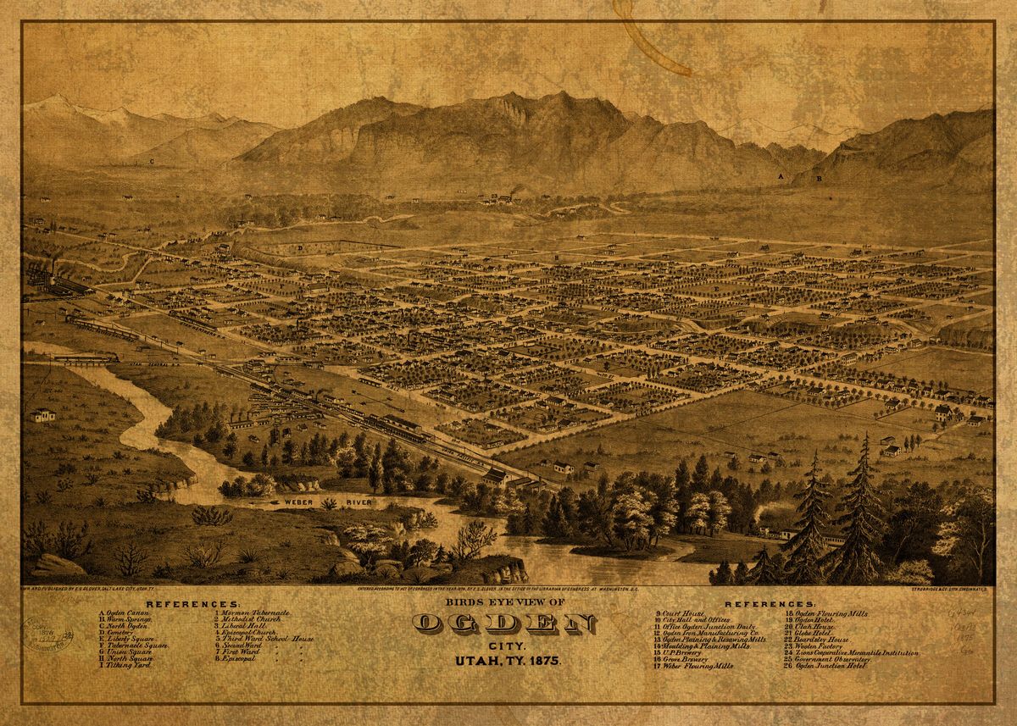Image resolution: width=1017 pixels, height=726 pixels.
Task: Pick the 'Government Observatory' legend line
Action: click(x=826, y=659)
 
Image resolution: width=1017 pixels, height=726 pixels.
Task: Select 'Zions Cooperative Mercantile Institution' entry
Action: click(x=853, y=652)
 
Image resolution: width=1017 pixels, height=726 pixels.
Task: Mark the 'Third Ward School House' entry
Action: click(x=263, y=639)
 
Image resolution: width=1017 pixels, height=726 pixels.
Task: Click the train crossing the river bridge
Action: click(x=85, y=358)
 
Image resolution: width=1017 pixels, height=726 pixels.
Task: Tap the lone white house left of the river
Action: click(x=41, y=415)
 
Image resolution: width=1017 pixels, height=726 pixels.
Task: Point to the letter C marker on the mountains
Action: click(x=152, y=160)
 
